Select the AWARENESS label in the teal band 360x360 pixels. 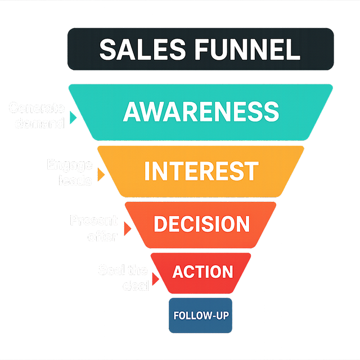201,111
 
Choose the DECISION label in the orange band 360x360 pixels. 201,224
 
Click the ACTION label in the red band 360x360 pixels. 202,272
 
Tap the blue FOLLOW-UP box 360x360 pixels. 200,315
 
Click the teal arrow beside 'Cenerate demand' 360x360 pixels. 73,117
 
